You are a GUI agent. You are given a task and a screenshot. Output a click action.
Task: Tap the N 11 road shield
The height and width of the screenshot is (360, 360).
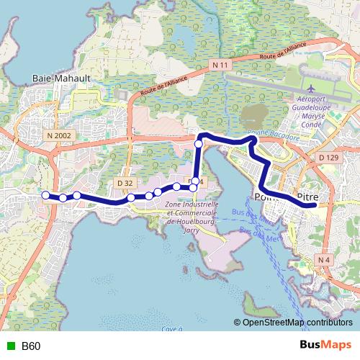[222, 66]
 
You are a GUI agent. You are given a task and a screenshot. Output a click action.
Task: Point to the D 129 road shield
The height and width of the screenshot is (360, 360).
[327, 156]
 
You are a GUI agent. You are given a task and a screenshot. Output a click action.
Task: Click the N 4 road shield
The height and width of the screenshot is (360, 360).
[325, 259]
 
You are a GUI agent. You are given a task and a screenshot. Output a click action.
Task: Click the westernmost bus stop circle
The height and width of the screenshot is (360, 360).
[45, 195]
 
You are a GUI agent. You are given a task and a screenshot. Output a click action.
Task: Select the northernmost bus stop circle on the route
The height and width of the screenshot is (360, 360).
[199, 144]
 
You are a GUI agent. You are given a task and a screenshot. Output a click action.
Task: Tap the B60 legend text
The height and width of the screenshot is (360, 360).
[31, 346]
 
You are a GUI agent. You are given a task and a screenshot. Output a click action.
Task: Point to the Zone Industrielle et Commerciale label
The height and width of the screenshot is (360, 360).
[191, 214]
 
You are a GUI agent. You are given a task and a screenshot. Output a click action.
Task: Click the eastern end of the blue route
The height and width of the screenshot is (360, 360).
[313, 205]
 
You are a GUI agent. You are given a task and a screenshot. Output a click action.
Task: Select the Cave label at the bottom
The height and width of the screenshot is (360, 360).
[170, 328]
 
